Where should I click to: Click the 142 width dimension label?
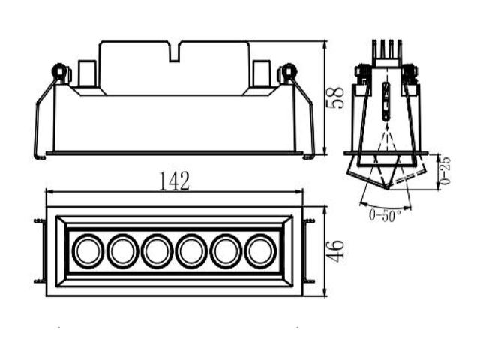tap(175, 181)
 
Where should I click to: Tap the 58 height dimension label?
tap(336, 97)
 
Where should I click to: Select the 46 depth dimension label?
tap(336, 251)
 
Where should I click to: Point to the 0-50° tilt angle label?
tap(385, 215)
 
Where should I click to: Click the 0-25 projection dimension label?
tap(445, 171)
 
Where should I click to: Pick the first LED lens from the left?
tap(88, 251)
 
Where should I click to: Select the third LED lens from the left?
tap(157, 251)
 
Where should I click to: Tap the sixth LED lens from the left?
tap(261, 251)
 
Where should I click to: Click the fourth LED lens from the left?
tap(192, 251)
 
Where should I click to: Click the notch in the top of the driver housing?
tap(175, 52)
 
